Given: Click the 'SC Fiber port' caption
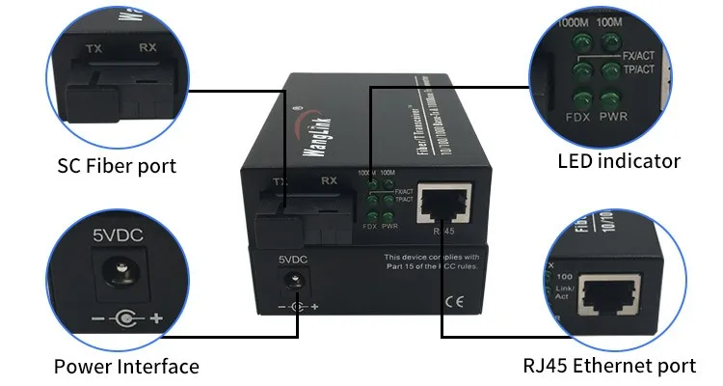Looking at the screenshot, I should point(116,166).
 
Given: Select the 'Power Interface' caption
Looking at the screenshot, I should point(126,367).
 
